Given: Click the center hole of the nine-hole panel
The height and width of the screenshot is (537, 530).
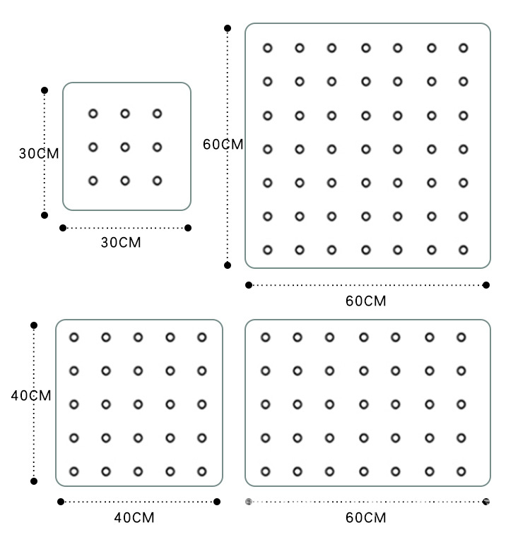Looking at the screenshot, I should coord(125,147).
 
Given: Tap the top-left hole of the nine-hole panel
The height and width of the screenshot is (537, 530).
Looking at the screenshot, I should coord(93,114).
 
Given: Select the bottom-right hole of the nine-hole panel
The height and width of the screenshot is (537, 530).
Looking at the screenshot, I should coord(157,181).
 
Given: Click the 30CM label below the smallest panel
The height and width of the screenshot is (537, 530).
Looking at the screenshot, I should coord(121,243).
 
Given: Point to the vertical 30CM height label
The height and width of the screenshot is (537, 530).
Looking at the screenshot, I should coord(38,153).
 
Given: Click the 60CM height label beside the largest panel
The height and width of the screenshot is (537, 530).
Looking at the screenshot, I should coord(223,145).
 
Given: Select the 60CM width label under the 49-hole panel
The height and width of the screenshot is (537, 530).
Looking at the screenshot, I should coord(366,301).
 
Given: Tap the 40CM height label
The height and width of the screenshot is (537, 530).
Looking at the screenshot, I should coord(31,396).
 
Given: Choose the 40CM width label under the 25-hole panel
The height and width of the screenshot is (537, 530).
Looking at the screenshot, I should coord(134,518).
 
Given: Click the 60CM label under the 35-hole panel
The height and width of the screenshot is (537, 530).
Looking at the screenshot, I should coord(366,518).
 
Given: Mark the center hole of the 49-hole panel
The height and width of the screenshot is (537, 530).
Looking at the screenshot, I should coord(365,149).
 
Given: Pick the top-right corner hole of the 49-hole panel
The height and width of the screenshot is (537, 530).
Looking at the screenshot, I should coord(464,48).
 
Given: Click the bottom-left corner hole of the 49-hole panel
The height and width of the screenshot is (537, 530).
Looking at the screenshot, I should coord(267,250).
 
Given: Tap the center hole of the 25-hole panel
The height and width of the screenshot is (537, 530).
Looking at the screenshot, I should coord(138,404).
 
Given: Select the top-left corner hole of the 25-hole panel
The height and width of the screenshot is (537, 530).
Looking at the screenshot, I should coord(73,337).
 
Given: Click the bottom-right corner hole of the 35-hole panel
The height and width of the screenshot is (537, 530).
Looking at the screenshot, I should coord(461,471).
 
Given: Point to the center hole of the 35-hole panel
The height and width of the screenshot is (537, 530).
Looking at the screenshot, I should coord(363,404).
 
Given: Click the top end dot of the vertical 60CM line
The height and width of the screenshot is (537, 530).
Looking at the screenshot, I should coord(228,28).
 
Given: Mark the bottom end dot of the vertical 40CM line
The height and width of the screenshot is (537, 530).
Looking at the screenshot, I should coord(34,481).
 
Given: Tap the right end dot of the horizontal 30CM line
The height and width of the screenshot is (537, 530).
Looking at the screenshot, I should coord(188,227).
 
